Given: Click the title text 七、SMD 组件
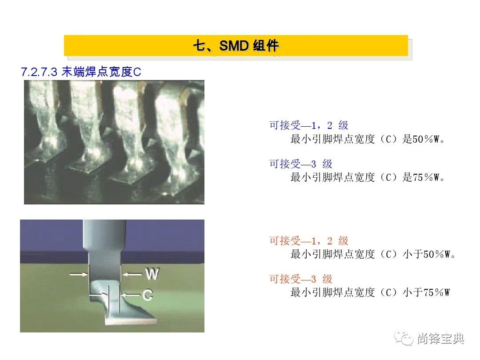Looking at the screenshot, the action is click(x=236, y=46).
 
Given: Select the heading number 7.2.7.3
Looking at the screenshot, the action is click(x=39, y=72).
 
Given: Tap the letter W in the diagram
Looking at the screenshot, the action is click(x=152, y=274).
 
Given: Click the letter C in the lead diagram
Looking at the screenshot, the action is click(x=148, y=295).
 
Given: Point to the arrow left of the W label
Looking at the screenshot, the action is click(x=133, y=274).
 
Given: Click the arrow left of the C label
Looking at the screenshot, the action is click(x=131, y=295).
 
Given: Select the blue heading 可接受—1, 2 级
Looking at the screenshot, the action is click(x=308, y=125).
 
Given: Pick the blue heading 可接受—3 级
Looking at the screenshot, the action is click(x=300, y=164).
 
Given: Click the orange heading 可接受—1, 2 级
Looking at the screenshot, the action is click(x=308, y=240).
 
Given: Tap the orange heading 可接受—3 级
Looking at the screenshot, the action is click(x=300, y=279).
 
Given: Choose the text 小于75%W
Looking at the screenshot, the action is click(x=426, y=292).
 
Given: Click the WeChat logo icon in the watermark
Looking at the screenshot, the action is click(x=404, y=338).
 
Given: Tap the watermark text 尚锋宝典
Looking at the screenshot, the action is click(x=440, y=339).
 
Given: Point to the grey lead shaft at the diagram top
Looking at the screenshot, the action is click(x=104, y=235).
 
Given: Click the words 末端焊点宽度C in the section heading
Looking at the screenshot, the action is click(x=101, y=72).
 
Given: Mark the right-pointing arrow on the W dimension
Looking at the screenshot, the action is click(x=79, y=274).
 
